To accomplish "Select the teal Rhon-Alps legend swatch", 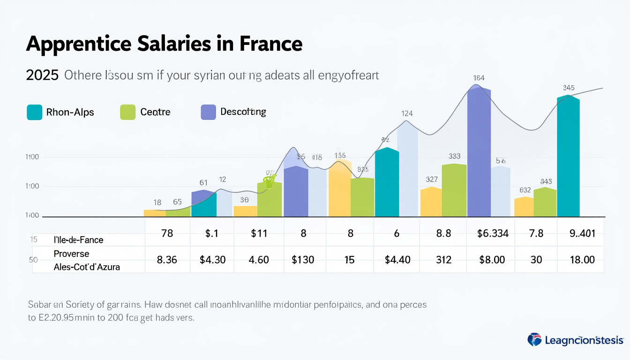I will (x=34, y=112).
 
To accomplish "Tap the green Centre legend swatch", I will (x=127, y=112).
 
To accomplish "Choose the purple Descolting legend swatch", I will (x=208, y=112).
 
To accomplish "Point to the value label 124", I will (x=407, y=113).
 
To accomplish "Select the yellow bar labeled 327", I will (x=431, y=202).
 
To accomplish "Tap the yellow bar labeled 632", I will (x=524, y=207).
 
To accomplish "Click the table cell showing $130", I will (x=303, y=259).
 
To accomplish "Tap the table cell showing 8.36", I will (x=167, y=259).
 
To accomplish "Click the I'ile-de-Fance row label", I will (x=78, y=240).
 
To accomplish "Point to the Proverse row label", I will (x=71, y=253).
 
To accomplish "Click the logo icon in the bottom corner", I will (x=534, y=339).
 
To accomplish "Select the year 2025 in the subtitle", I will (x=42, y=75).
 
